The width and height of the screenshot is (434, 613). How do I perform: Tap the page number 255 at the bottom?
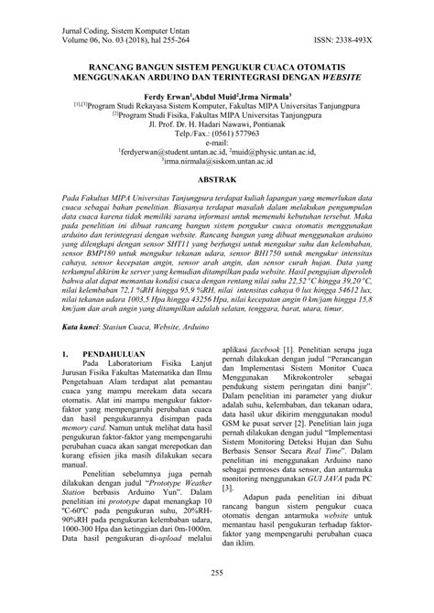pyautogui.click(x=217, y=574)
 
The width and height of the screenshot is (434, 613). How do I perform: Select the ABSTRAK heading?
pyautogui.click(x=217, y=181)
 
